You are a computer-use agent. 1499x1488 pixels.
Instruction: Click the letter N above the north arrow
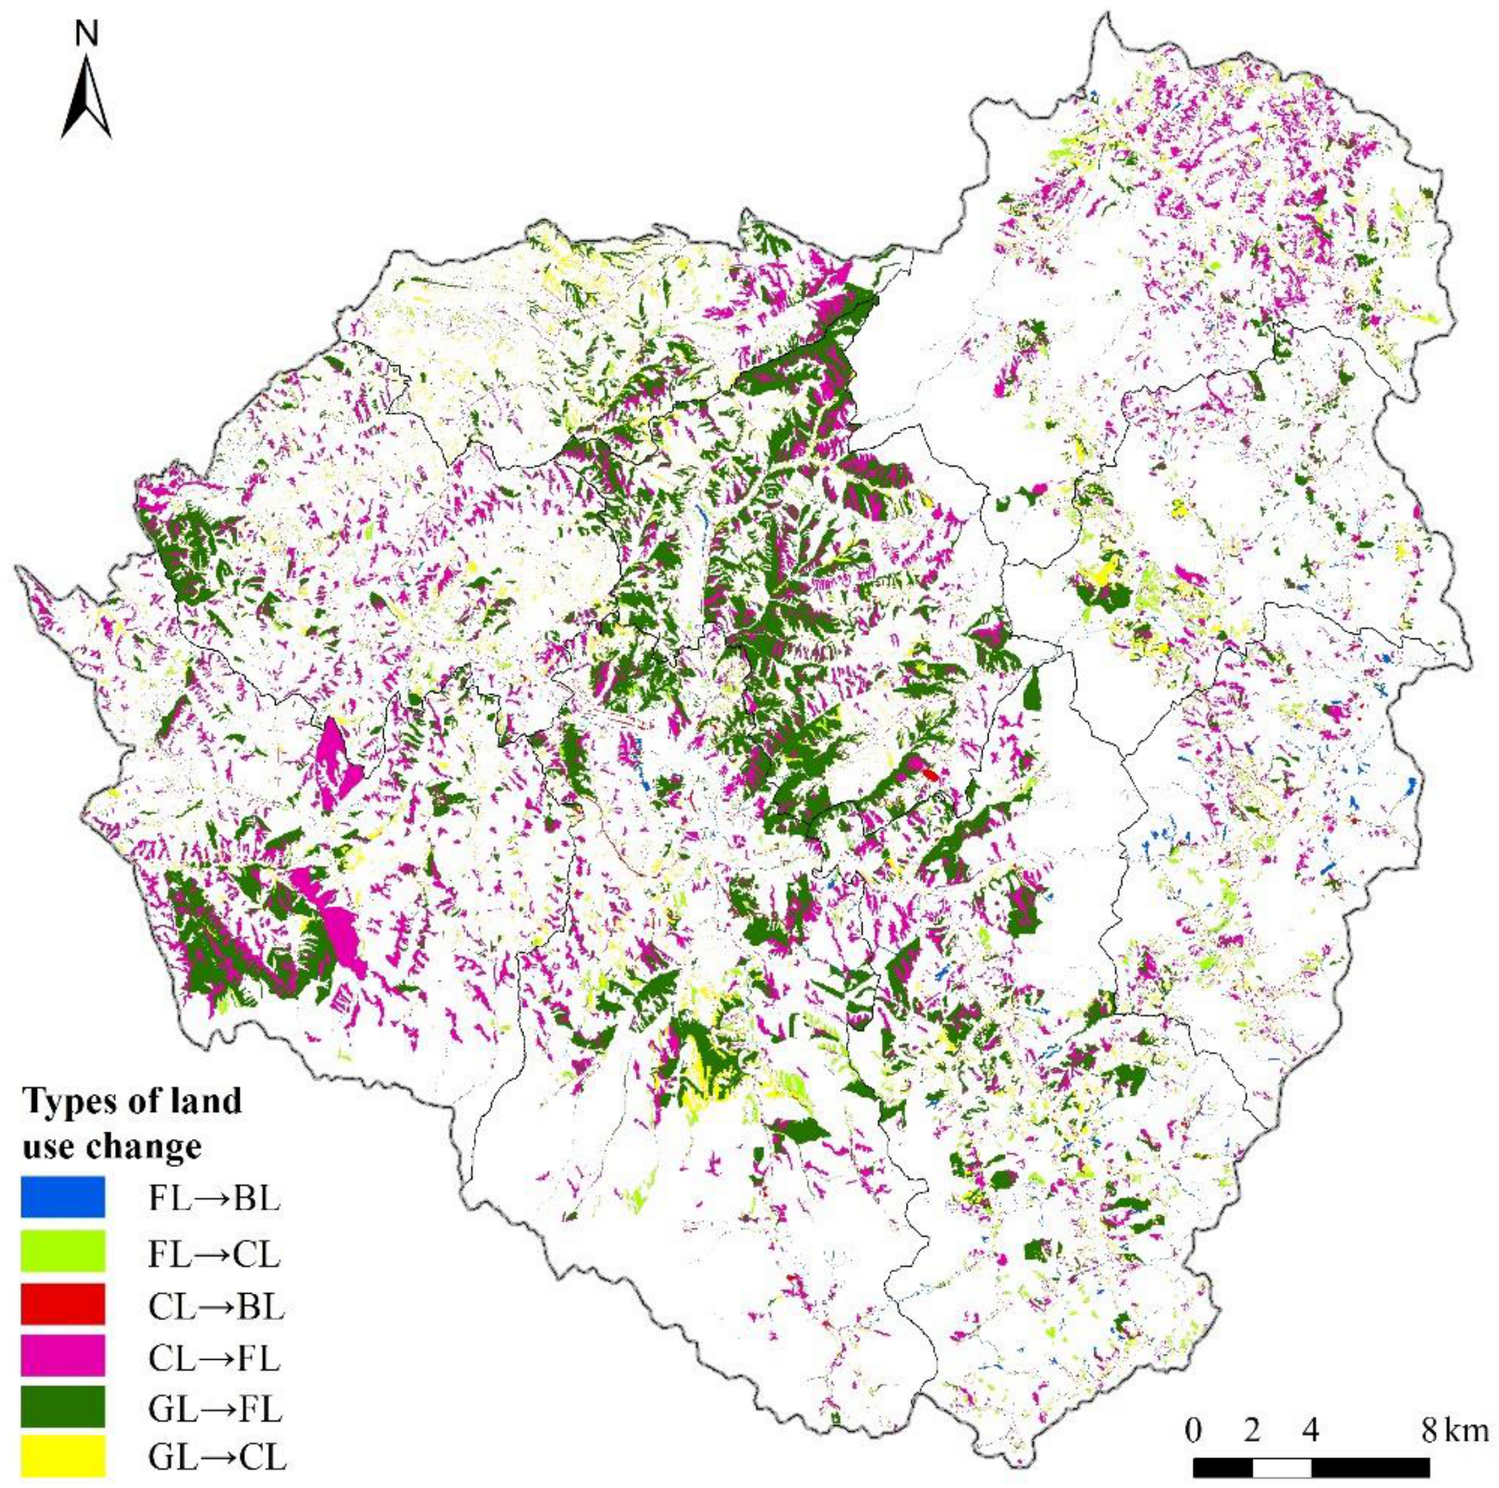(x=86, y=35)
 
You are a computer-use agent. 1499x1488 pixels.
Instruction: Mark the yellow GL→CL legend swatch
(x=63, y=1464)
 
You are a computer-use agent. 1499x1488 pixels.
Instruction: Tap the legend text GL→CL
(x=217, y=1464)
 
